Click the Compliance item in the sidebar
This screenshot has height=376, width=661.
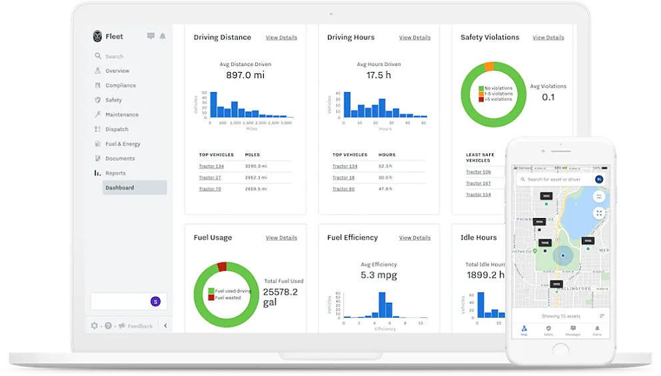pyautogui.click(x=120, y=85)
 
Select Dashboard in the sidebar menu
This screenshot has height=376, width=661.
pyautogui.click(x=120, y=188)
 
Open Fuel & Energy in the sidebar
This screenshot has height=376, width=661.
pyautogui.click(x=123, y=144)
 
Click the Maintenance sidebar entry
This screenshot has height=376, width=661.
pyautogui.click(x=121, y=115)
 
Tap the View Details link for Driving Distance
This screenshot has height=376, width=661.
pyautogui.click(x=281, y=38)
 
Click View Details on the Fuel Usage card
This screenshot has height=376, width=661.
pyautogui.click(x=281, y=238)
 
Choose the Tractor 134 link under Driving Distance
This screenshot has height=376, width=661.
pyautogui.click(x=211, y=166)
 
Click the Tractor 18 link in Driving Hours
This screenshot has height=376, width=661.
pyautogui.click(x=343, y=178)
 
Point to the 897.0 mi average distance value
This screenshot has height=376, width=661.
pyautogui.click(x=245, y=75)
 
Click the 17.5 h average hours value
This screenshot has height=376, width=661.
pyautogui.click(x=378, y=75)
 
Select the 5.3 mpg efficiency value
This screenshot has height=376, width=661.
pyautogui.click(x=378, y=275)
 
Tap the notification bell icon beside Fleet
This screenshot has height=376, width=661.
pyautogui.click(x=163, y=37)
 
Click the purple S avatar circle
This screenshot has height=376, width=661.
pyautogui.click(x=156, y=301)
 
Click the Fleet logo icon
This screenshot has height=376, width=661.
pyautogui.click(x=98, y=37)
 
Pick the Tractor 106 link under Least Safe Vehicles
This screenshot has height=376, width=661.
pyautogui.click(x=478, y=172)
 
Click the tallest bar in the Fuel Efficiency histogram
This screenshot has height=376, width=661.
pyautogui.click(x=382, y=305)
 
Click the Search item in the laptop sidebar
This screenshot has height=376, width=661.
pyautogui.click(x=114, y=57)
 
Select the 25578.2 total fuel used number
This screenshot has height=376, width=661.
pyautogui.click(x=280, y=292)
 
